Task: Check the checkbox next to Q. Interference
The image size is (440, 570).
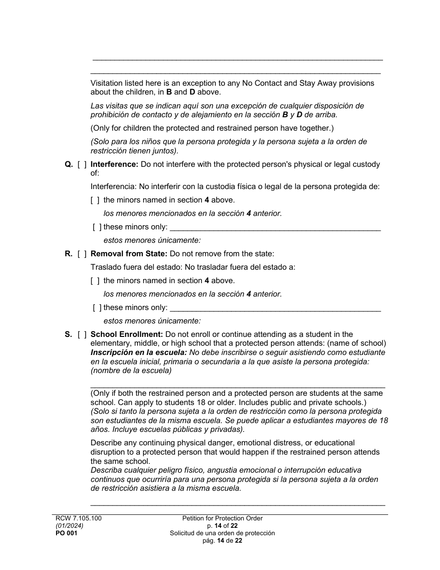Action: [82, 164]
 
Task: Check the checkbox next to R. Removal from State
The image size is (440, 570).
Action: [82, 254]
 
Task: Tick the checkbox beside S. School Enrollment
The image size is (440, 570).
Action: [82, 334]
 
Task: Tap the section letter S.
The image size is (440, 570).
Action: [68, 334]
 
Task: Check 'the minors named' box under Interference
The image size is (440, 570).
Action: [95, 200]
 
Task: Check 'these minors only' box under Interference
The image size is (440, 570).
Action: [97, 227]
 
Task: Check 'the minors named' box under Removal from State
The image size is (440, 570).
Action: [95, 281]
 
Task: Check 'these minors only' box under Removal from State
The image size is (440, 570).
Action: [97, 308]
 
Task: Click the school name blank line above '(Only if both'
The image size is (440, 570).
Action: [237, 385]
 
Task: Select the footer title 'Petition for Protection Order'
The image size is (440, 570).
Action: [222, 519]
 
